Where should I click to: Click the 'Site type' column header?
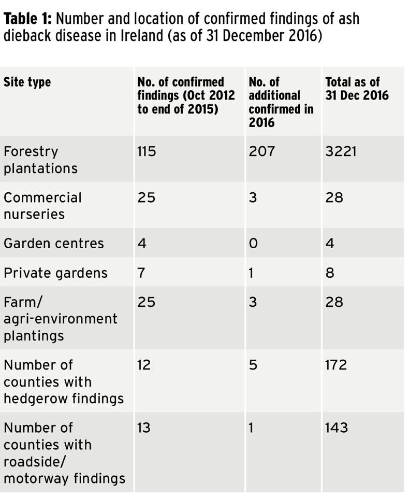pos(27,82)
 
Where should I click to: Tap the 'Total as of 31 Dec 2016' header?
pos(357,89)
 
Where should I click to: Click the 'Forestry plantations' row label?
pos(40,160)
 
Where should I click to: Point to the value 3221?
pos(341,152)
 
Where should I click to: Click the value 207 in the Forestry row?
pos(262,152)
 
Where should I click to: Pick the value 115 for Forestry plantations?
pos(147,152)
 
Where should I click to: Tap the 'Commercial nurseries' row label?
pos(42,206)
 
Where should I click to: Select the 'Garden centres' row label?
pos(53,244)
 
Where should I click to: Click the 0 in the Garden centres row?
pos(253,244)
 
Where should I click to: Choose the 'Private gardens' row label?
pos(55,273)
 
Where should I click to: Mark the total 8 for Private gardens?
pos(330,273)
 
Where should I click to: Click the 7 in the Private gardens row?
pos(141,273)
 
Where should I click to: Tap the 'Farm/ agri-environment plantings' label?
pos(60,319)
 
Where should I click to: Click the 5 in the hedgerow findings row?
pos(253,365)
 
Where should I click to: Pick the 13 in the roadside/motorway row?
pos(144,428)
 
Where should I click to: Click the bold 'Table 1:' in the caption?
pos(28,20)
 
